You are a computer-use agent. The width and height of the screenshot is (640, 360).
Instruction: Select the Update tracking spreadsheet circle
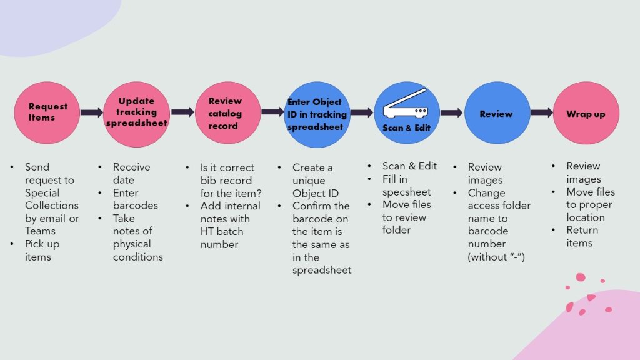(x=136, y=113)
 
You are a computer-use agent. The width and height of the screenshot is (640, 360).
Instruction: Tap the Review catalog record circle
(x=227, y=113)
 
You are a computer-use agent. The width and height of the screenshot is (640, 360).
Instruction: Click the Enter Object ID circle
(x=317, y=113)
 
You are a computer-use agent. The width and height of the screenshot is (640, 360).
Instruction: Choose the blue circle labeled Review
(x=496, y=114)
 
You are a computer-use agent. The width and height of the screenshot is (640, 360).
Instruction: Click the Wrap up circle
(x=586, y=114)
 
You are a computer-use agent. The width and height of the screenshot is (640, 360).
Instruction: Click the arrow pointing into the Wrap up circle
(x=542, y=113)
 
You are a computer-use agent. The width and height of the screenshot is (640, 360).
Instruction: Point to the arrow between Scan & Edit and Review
(x=452, y=113)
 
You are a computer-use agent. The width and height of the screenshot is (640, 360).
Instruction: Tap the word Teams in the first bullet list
(x=39, y=231)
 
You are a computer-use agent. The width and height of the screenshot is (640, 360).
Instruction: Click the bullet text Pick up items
(x=41, y=251)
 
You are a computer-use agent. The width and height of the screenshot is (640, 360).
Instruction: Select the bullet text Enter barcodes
(x=135, y=199)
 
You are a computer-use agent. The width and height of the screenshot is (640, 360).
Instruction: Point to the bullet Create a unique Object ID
(x=315, y=180)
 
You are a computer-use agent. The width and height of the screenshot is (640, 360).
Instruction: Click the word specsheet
(x=407, y=192)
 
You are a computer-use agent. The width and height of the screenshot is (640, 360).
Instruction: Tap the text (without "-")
(x=496, y=257)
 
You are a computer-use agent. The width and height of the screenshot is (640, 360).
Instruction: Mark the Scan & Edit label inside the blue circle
(x=406, y=127)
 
